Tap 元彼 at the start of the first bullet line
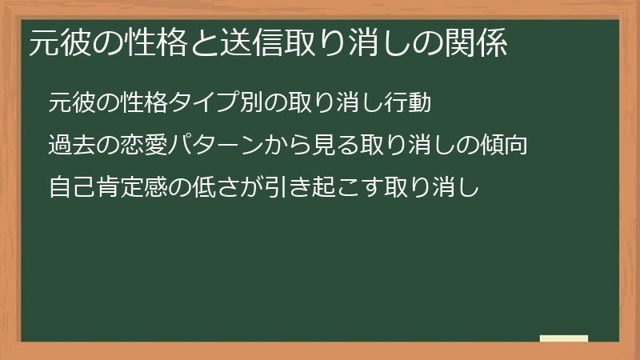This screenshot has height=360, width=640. coord(68,103)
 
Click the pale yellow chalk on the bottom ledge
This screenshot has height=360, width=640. coord(564,338)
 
